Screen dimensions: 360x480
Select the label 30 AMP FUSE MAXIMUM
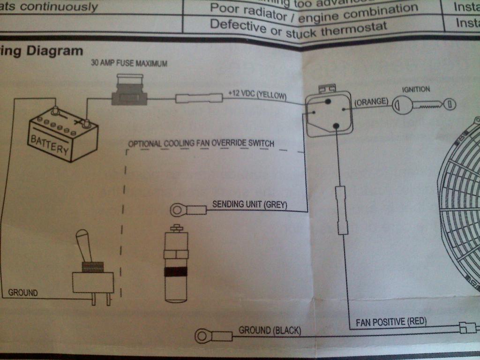(129, 63)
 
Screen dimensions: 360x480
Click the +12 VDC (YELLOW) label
(257, 94)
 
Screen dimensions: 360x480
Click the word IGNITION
(416, 89)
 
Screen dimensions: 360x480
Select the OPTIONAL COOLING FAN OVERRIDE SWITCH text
(201, 143)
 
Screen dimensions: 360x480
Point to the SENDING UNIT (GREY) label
(249, 204)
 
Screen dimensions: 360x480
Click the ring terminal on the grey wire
(179, 210)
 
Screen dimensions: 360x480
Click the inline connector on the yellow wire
(198, 98)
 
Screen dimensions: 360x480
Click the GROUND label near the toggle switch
(23, 293)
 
